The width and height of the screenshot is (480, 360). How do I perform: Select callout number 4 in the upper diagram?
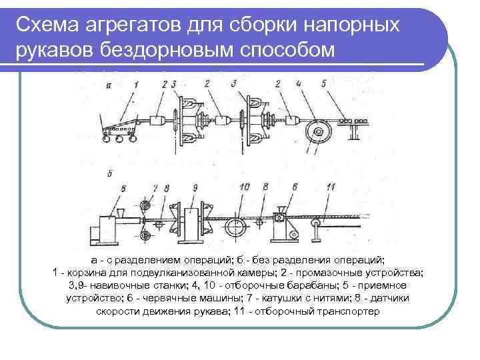(x=299, y=85)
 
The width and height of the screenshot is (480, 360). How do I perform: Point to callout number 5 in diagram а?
(x=324, y=85)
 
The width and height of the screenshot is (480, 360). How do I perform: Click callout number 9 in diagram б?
(x=195, y=189)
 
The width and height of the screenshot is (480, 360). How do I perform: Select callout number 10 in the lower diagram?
(x=244, y=187)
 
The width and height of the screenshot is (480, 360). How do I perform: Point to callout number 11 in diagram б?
(x=331, y=187)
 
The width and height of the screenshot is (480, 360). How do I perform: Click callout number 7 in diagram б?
(x=155, y=189)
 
